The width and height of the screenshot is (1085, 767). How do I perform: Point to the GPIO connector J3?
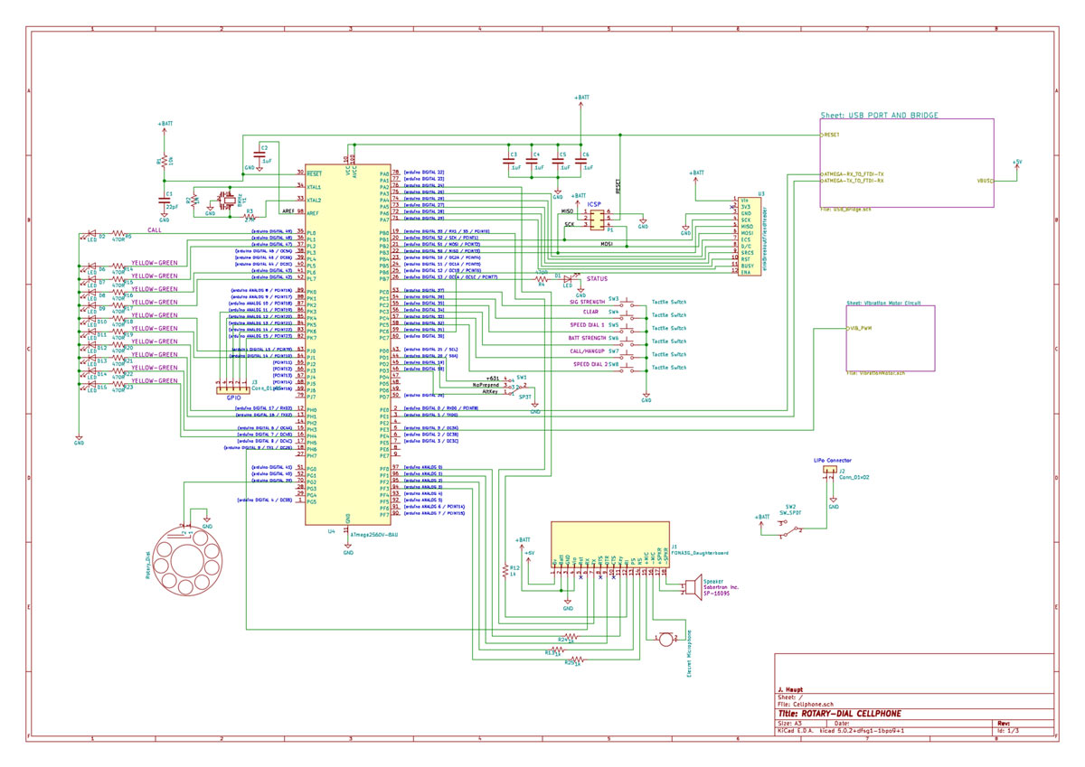233,388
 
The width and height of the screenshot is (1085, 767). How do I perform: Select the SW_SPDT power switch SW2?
791,532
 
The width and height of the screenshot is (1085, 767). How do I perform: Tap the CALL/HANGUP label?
589,351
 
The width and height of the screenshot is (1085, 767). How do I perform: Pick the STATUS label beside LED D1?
597,279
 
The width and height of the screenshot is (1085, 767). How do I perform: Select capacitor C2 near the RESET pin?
262,155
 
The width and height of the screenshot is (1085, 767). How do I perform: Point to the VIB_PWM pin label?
861,328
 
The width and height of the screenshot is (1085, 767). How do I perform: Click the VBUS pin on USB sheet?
985,181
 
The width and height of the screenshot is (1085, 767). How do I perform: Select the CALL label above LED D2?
155,229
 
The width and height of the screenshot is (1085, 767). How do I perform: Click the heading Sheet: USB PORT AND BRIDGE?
879,116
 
